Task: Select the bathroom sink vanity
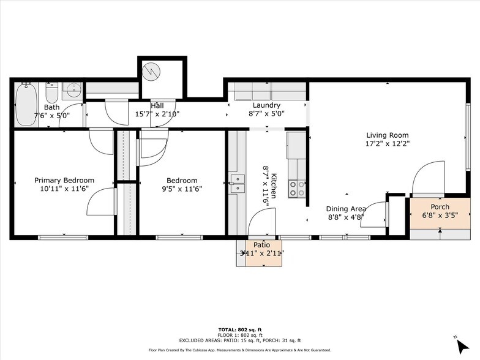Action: point(72,91)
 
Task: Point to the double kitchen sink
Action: point(237,183)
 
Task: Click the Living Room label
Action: point(387,135)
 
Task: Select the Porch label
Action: point(440,206)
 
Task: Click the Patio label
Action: point(261,244)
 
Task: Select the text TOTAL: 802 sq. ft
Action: point(240,329)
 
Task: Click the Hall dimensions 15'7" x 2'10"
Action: point(158,114)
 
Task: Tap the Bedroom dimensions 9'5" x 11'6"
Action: point(182,189)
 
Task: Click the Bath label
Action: point(52,107)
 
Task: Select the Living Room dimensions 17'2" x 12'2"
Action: point(387,144)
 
